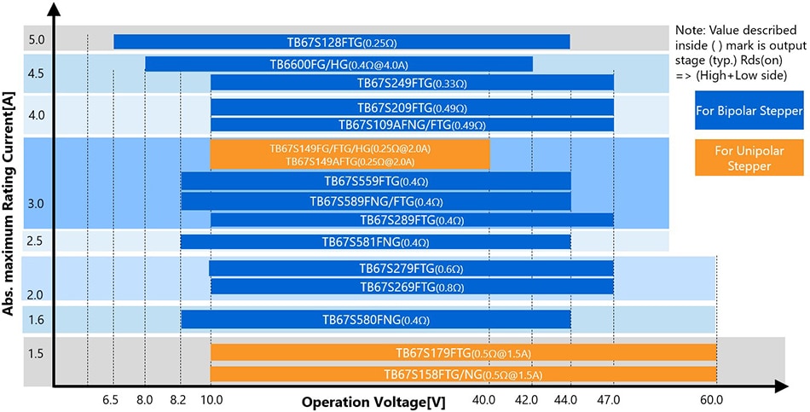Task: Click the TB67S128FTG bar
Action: point(341,42)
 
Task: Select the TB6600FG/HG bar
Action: point(338,64)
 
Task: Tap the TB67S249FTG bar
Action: point(412,83)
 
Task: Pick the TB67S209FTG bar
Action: point(412,107)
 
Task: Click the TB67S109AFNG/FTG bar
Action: point(412,125)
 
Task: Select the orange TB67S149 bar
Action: point(350,154)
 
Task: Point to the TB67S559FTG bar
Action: point(375,181)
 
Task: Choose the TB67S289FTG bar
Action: point(412,220)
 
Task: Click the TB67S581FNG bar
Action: point(375,242)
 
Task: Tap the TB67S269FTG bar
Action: point(412,287)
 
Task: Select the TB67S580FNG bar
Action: point(375,320)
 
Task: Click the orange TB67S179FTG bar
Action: point(463,352)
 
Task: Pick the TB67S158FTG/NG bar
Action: point(463,374)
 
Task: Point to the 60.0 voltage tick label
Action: point(713,399)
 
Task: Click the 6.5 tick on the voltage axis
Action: point(111,399)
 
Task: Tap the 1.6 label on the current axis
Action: point(35,320)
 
